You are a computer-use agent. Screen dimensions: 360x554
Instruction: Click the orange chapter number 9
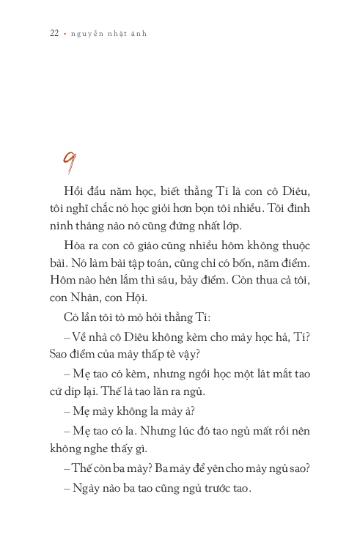[71, 161]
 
